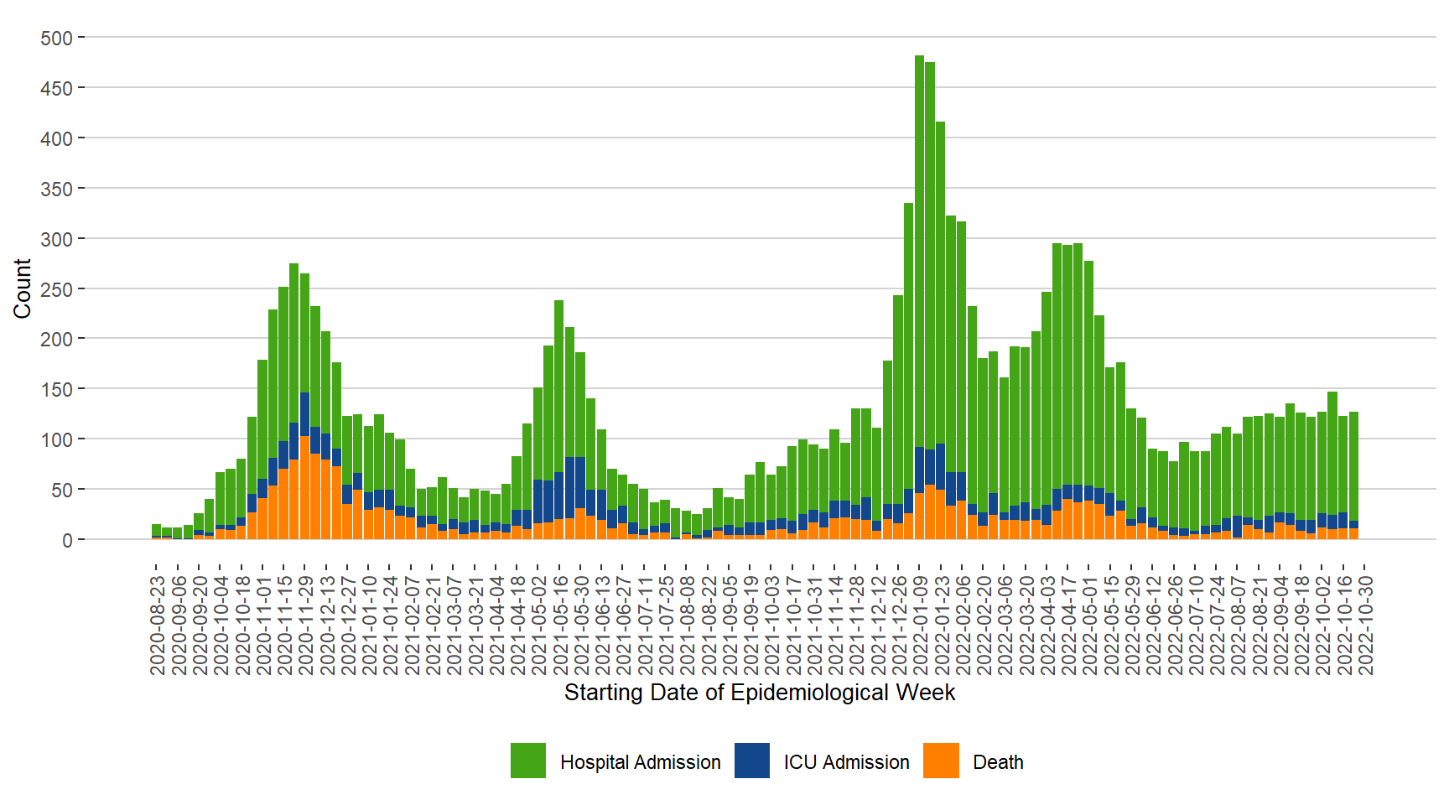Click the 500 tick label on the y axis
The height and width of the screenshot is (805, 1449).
click(x=56, y=39)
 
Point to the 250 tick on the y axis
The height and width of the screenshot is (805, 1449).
click(x=56, y=289)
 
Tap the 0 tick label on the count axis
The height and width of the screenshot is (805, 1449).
click(x=67, y=540)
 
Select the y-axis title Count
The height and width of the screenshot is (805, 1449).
click(x=23, y=288)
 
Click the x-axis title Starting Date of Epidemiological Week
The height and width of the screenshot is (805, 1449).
click(x=759, y=693)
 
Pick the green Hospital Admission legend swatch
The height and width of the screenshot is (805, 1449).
click(x=527, y=761)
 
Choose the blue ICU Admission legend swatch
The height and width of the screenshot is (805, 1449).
click(x=751, y=761)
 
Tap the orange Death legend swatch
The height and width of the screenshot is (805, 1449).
click(x=941, y=761)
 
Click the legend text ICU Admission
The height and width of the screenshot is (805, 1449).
click(x=846, y=762)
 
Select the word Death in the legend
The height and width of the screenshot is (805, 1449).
click(x=998, y=762)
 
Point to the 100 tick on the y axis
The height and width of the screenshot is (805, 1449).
click(x=56, y=439)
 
